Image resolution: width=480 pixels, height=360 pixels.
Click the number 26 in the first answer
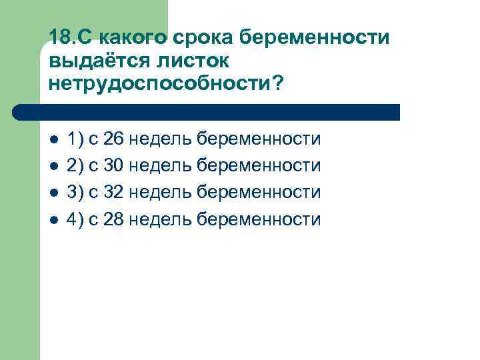pos(113,139)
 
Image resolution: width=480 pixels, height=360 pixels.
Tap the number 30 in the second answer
pos(113,166)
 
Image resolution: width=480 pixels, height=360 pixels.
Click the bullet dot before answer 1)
pos(54,140)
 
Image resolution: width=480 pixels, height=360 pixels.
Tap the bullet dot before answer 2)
pos(54,167)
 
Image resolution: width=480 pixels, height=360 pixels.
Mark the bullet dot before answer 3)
pos(54,193)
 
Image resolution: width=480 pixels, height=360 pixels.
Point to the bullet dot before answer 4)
pos(54,220)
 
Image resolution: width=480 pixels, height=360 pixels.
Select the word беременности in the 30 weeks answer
pos(259,166)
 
